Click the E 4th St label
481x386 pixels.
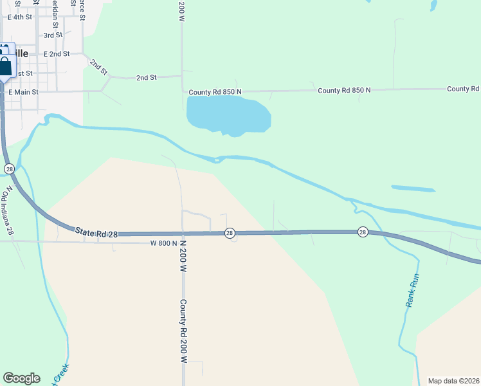[19, 17]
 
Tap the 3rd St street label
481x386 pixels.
[53, 35]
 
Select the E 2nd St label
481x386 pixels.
[57, 54]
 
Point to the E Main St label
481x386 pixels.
[23, 92]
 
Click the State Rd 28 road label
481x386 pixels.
[96, 232]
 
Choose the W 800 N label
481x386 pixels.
[163, 243]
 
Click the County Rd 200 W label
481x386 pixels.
[183, 331]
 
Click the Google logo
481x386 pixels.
[21, 378]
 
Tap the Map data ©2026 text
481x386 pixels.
[454, 381]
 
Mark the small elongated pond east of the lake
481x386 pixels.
[413, 188]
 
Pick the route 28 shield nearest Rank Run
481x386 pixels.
[363, 232]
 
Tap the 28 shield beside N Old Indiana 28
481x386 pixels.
[9, 169]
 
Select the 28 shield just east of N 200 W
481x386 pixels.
[230, 233]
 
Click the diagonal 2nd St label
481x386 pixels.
[98, 65]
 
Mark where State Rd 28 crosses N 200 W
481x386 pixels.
[183, 234]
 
